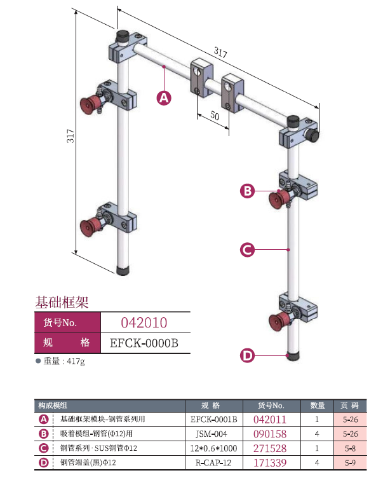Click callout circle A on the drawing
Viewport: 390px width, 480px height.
pyautogui.click(x=164, y=97)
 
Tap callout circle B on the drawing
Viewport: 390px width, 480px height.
pyautogui.click(x=248, y=190)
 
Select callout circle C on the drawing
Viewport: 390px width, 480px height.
pyautogui.click(x=248, y=250)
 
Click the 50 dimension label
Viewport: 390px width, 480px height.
pyautogui.click(x=215, y=116)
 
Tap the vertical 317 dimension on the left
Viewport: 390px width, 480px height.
pyautogui.click(x=71, y=137)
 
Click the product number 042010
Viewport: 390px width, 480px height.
pyautogui.click(x=144, y=322)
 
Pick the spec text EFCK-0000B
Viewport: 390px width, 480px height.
pyautogui.click(x=144, y=343)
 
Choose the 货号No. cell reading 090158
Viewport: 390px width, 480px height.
pyautogui.click(x=270, y=434)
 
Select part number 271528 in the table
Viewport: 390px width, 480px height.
pyautogui.click(x=270, y=448)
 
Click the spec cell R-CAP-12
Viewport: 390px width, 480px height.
pyautogui.click(x=213, y=462)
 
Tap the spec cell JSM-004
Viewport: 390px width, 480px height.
pyautogui.click(x=213, y=434)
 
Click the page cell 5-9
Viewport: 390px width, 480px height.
pyautogui.click(x=350, y=462)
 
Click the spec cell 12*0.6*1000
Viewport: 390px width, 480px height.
pyautogui.click(x=213, y=448)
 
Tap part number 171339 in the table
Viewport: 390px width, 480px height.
pyautogui.click(x=270, y=462)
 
